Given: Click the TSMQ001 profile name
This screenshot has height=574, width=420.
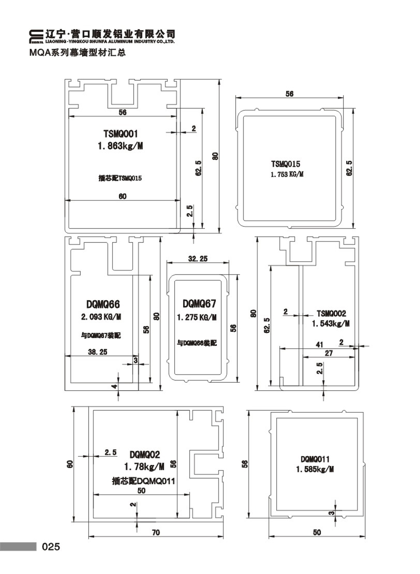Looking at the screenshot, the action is [121, 134].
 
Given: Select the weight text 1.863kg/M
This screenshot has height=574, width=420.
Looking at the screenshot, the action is [121, 146].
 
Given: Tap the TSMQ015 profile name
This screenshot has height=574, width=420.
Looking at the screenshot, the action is [286, 164].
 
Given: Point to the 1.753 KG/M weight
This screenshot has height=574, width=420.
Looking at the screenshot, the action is [287, 174].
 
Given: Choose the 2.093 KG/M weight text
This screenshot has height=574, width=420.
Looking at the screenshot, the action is [101, 317].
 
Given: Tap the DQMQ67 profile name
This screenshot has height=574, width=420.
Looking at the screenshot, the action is [199, 304].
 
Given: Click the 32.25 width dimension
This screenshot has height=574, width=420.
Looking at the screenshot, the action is [198, 258].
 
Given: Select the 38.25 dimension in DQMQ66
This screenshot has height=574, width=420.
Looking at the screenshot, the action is [97, 352].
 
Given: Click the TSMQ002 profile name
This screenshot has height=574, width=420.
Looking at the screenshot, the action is [331, 313].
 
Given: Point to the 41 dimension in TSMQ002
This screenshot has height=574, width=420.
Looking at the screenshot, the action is [319, 345].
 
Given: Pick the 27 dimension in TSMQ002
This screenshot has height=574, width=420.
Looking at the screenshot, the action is [329, 353].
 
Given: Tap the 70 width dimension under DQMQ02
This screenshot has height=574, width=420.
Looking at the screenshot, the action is [156, 532].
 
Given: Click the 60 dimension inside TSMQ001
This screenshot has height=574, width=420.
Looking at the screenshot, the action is [122, 196].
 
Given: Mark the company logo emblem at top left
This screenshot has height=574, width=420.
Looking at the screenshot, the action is [37, 37].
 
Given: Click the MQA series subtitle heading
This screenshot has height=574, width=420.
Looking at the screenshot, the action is [78, 53].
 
